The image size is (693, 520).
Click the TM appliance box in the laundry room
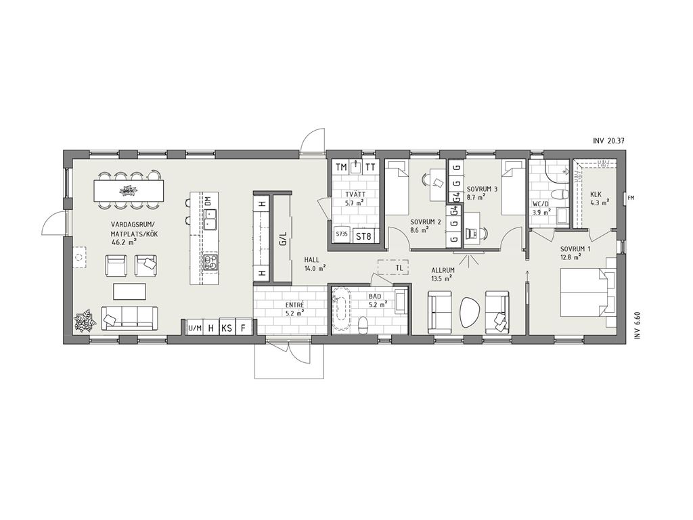click(x=341, y=167)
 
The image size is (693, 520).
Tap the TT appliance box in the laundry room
click(x=370, y=167)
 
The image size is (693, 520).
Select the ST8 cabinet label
click(x=363, y=236)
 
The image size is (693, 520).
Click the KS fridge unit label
click(x=227, y=328)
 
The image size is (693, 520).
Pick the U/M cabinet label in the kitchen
click(x=194, y=328)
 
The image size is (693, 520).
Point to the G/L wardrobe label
click(x=283, y=239)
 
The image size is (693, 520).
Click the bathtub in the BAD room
click(x=341, y=305)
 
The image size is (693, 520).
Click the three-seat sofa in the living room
click(x=129, y=318)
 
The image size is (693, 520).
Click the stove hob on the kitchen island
click(x=210, y=263)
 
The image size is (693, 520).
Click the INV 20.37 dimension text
click(x=609, y=141)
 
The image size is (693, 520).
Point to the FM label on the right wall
click(x=631, y=198)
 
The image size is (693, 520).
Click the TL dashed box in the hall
click(x=393, y=267)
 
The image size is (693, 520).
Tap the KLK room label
click(x=596, y=194)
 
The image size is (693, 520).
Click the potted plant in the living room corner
click(x=85, y=320)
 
